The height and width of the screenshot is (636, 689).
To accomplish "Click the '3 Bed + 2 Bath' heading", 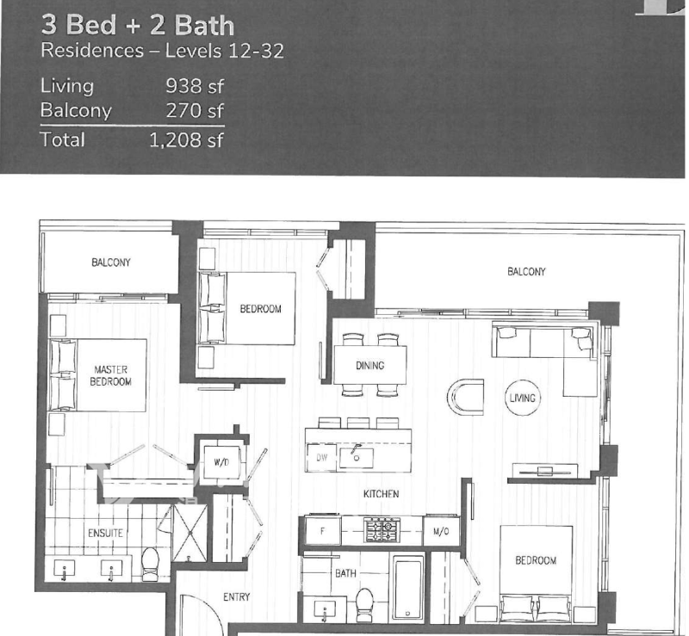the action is pos(138,25).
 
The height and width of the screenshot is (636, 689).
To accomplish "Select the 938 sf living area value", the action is pos(195,86).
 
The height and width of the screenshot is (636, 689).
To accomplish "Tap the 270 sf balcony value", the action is pos(195,111).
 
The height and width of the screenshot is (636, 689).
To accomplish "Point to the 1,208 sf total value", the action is pos(186,140).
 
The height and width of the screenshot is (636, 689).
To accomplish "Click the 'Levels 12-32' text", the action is pos(225,51).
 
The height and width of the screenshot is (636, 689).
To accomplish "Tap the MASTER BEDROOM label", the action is pos(111,375).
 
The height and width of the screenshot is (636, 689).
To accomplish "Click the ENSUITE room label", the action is pos(105,534).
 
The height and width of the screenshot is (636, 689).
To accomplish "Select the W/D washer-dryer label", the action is pos(221,462).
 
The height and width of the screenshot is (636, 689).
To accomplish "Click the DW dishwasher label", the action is pos(322,458).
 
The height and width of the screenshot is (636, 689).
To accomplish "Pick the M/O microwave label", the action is pos(441,532).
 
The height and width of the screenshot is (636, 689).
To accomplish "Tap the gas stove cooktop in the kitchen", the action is pos(382,529).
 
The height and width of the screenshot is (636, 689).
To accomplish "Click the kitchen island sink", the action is pos(357,457).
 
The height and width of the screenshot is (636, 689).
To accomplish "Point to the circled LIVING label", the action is pos(523,398).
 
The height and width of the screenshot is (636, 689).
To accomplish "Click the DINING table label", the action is pos(370,366).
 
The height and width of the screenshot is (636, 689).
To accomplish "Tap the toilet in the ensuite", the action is pos(150,565).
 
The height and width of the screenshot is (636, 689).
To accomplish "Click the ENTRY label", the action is pos(236,597).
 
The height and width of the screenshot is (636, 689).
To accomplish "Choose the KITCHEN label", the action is pos(382,494).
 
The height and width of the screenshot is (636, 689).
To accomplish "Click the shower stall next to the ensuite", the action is pos(189,534).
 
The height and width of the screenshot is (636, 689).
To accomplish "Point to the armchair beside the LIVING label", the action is pos(466,397).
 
